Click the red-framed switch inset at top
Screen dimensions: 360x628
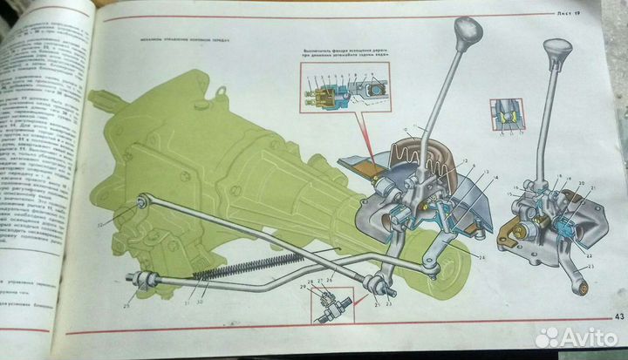pos(344,91)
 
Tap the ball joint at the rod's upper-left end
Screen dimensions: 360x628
pos(140,206)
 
